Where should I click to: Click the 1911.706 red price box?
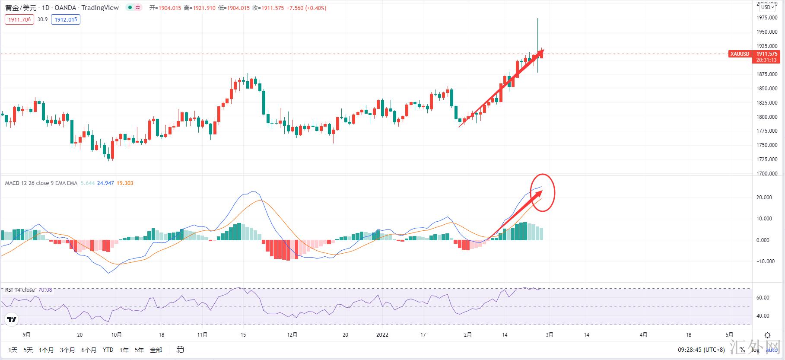19,19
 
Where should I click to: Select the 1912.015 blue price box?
65,19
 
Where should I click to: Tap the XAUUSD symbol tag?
739,54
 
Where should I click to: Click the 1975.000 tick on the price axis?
767,18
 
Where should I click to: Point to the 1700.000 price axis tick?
767,174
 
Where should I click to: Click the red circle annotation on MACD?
543,193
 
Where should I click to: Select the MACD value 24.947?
105,183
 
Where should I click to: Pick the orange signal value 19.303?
125,183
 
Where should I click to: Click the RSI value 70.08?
45,290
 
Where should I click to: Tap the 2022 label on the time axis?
382,335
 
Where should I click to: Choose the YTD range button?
108,350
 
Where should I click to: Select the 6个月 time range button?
89,350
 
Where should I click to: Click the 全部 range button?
156,350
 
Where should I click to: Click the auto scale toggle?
771,350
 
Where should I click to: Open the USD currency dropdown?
768,7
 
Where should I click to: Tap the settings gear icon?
767,335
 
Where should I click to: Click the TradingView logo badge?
12,320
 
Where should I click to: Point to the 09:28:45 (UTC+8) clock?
701,350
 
